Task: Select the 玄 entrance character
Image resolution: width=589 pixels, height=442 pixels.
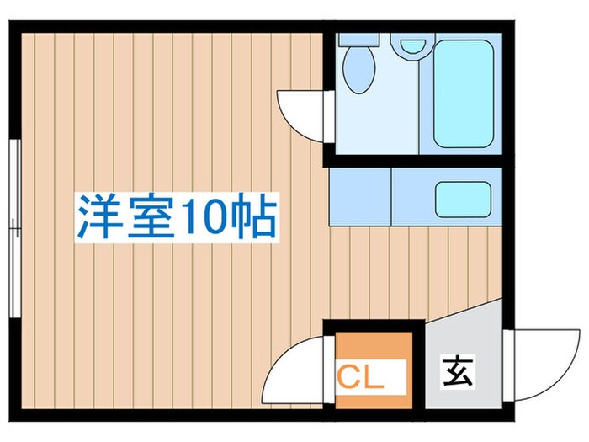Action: pyautogui.click(x=458, y=371)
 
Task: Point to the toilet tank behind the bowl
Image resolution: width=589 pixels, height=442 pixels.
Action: pyautogui.click(x=360, y=40)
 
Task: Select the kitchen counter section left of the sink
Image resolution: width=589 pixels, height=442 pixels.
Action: pyautogui.click(x=360, y=196)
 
